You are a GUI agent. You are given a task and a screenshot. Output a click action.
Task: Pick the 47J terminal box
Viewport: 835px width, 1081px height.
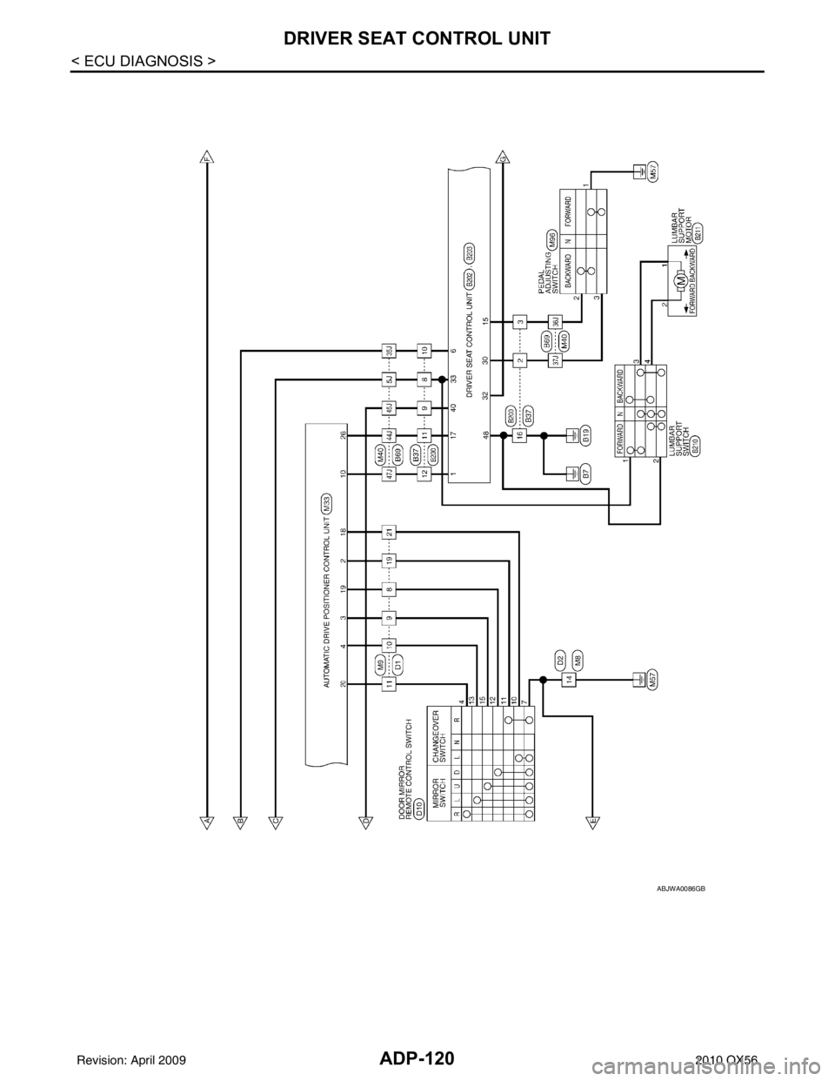point(390,474)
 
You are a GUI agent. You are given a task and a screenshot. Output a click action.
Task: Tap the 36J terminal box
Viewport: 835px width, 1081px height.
point(554,322)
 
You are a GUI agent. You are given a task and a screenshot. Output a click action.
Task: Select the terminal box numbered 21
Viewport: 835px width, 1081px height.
point(391,532)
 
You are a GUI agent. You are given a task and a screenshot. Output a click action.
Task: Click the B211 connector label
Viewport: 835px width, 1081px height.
point(698,229)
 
